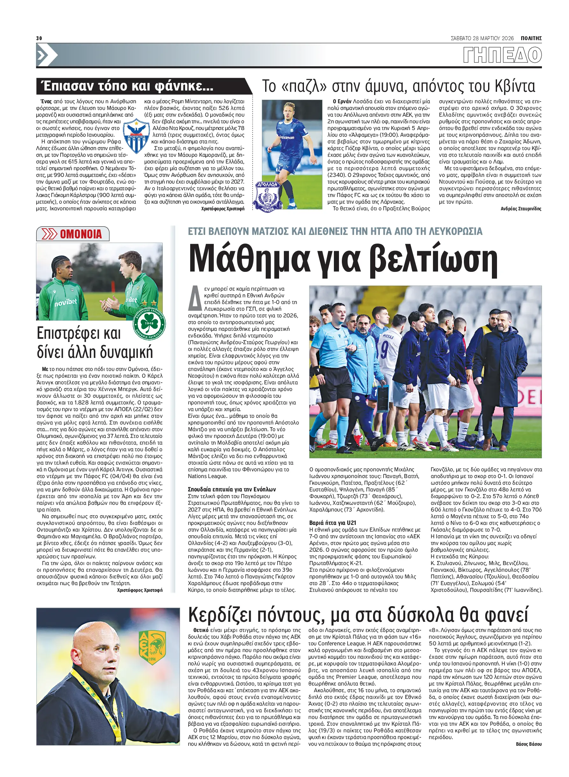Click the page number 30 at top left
coord(39,38)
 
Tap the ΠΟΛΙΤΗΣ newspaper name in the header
coord(531,38)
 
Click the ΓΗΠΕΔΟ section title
coord(502,55)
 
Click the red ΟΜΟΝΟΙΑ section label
coord(81,234)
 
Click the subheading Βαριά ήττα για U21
coord(332,523)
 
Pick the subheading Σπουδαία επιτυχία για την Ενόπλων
coord(232,489)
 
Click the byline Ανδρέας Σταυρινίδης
coord(521,208)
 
